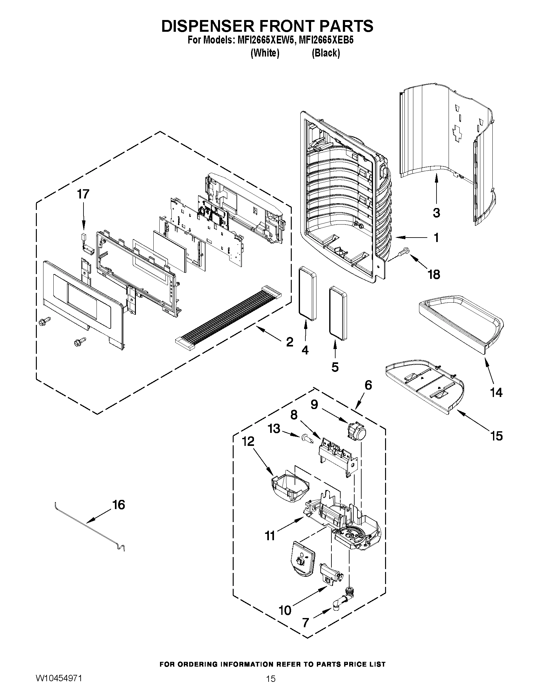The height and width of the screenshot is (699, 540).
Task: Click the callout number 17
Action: (x=83, y=194)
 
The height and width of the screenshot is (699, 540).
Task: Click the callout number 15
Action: (x=497, y=436)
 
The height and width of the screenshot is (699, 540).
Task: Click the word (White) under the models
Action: (x=264, y=53)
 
